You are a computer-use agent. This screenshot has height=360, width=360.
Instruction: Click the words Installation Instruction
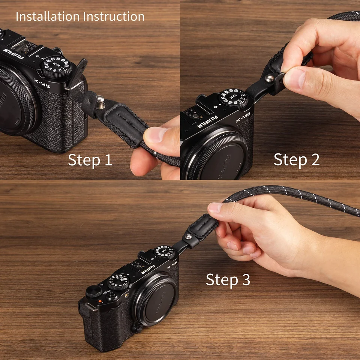coord(80,16)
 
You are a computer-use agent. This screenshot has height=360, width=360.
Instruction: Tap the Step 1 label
coord(90,160)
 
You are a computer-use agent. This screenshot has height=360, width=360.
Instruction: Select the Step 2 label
coord(296,159)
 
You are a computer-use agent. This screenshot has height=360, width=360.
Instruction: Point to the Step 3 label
coord(228,280)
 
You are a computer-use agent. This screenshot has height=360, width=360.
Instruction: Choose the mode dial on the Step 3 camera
coord(119,282)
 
